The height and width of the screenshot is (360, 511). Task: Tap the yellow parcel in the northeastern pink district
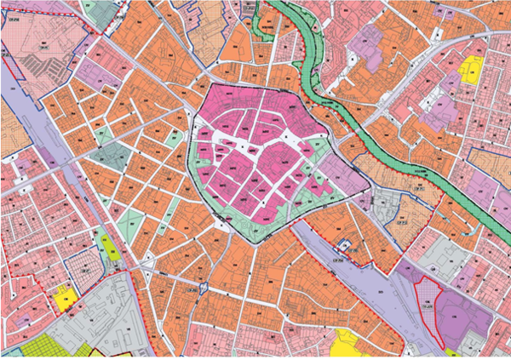(470, 68)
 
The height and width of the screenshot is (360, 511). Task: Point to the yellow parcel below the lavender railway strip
(345, 342)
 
